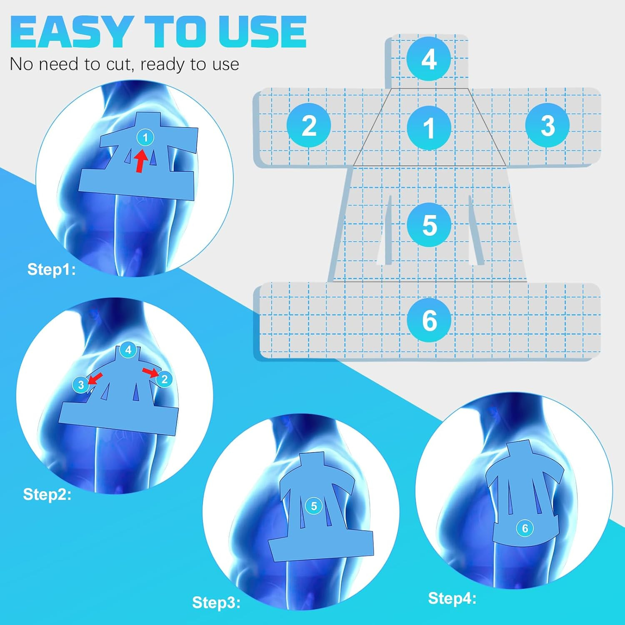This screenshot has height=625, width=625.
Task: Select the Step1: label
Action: (x=51, y=270)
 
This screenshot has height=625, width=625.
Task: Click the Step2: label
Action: (x=47, y=495)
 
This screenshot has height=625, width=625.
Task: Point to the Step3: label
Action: (x=216, y=602)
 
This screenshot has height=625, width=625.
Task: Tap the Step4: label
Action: (x=452, y=598)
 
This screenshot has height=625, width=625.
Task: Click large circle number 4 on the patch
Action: (x=429, y=59)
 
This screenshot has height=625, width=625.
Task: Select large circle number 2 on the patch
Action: (x=309, y=125)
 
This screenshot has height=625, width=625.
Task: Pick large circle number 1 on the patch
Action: (x=429, y=127)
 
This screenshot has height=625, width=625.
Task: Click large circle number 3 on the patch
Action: (x=547, y=125)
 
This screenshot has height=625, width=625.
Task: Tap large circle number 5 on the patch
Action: (x=429, y=225)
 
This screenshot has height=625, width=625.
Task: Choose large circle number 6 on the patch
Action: (x=429, y=320)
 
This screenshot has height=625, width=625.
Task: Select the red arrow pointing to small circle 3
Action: (x=95, y=378)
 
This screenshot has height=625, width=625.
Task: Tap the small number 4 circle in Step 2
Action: (x=128, y=350)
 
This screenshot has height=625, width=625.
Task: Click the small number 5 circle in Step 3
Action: (x=314, y=506)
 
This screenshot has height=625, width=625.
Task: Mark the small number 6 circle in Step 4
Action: (x=525, y=528)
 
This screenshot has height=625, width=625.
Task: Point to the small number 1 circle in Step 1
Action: (x=145, y=137)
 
